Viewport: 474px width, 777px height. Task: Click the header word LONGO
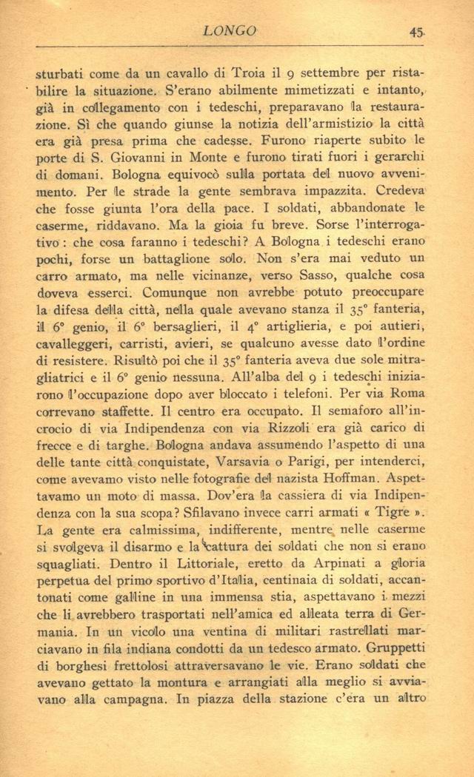[229, 31]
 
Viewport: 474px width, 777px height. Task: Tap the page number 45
[415, 32]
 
